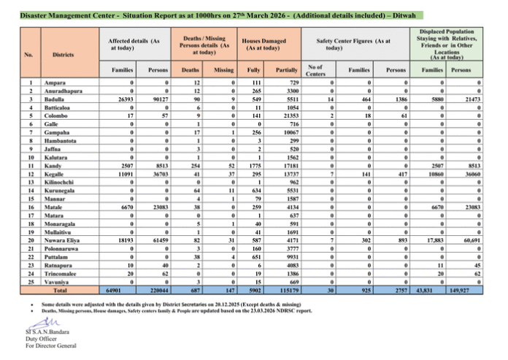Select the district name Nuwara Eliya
pos(61,240)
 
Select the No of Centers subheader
pos(315,69)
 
